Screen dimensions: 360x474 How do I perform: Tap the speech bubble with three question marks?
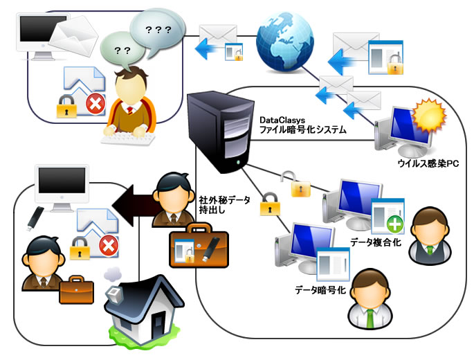click(158, 33)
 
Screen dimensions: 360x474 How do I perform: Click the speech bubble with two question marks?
click(122, 51)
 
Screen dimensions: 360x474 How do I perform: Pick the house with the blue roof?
click(143, 308)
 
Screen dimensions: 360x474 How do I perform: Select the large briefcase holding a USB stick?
click(198, 246)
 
